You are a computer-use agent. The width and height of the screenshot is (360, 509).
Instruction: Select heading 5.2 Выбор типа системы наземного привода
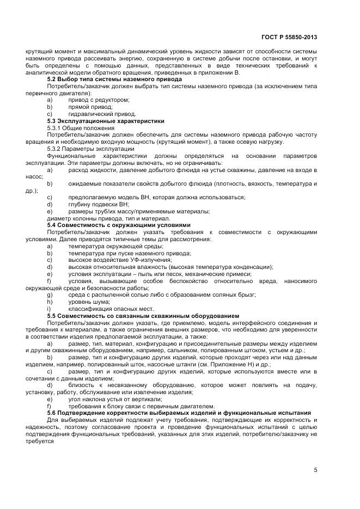[x=114, y=79]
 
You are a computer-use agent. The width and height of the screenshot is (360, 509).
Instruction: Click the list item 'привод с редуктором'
[x=99, y=100]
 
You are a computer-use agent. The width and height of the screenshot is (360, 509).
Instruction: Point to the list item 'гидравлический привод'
[x=102, y=114]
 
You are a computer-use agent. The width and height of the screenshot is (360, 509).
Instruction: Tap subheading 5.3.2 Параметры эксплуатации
[x=90, y=149]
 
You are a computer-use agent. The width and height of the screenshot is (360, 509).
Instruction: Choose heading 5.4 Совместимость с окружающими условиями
[x=119, y=225]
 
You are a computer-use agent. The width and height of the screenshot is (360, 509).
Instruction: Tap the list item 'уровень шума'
[x=89, y=302]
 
